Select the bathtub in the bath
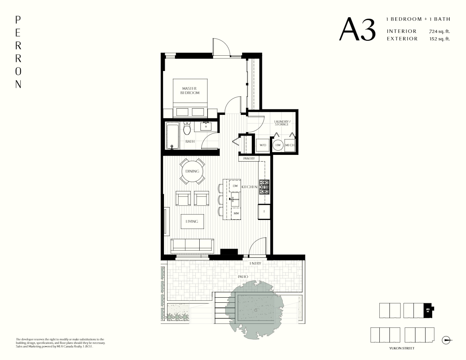[x=172, y=136]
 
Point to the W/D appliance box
[x=262, y=145]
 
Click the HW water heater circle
[x=278, y=145]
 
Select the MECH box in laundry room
[x=290, y=145]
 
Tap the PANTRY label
[x=249, y=158]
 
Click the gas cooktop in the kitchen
[x=264, y=187]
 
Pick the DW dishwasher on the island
[x=235, y=185]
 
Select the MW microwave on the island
[x=236, y=213]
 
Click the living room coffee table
[x=192, y=221]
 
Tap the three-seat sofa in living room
[x=192, y=245]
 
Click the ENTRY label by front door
[x=255, y=263]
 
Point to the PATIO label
[x=243, y=276]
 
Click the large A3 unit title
[x=357, y=29]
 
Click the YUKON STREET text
[x=402, y=348]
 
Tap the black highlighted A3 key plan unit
[x=428, y=310]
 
